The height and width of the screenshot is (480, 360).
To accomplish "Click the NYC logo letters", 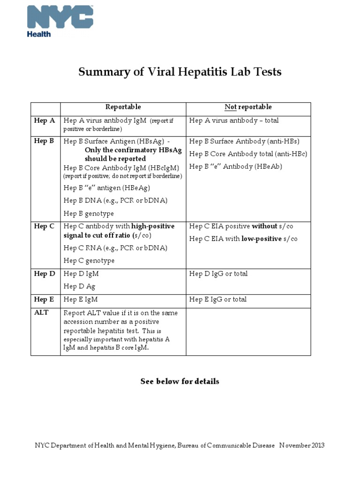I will coord(60,17).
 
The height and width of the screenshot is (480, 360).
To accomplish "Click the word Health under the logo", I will coord(39,34).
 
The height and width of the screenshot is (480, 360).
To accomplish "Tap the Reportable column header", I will coord(123,107).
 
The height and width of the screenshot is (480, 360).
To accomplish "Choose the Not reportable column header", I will coord(248,107).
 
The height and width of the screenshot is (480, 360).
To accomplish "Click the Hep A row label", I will coord(45,120).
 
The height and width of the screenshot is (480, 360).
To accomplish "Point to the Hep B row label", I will coord(45,141).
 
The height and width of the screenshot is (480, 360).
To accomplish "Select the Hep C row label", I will coord(45,226).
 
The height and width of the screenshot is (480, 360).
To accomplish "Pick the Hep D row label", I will coord(45,273).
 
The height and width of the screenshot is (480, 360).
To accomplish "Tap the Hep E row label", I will coord(45,299).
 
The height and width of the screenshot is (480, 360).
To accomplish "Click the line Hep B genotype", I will coord(89,213).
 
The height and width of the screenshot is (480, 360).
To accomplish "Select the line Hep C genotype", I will coord(89,260).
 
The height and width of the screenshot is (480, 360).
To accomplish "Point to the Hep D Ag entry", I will coord(79,286).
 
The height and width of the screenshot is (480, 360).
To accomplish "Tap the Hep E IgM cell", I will coord(81,299).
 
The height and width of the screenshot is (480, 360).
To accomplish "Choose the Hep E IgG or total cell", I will coord(218,299).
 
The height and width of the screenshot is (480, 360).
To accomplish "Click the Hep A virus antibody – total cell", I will coord(233,120).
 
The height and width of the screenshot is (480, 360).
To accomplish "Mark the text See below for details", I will coord(180,381).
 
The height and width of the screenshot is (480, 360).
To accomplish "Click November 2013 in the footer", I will coord(302,445).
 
